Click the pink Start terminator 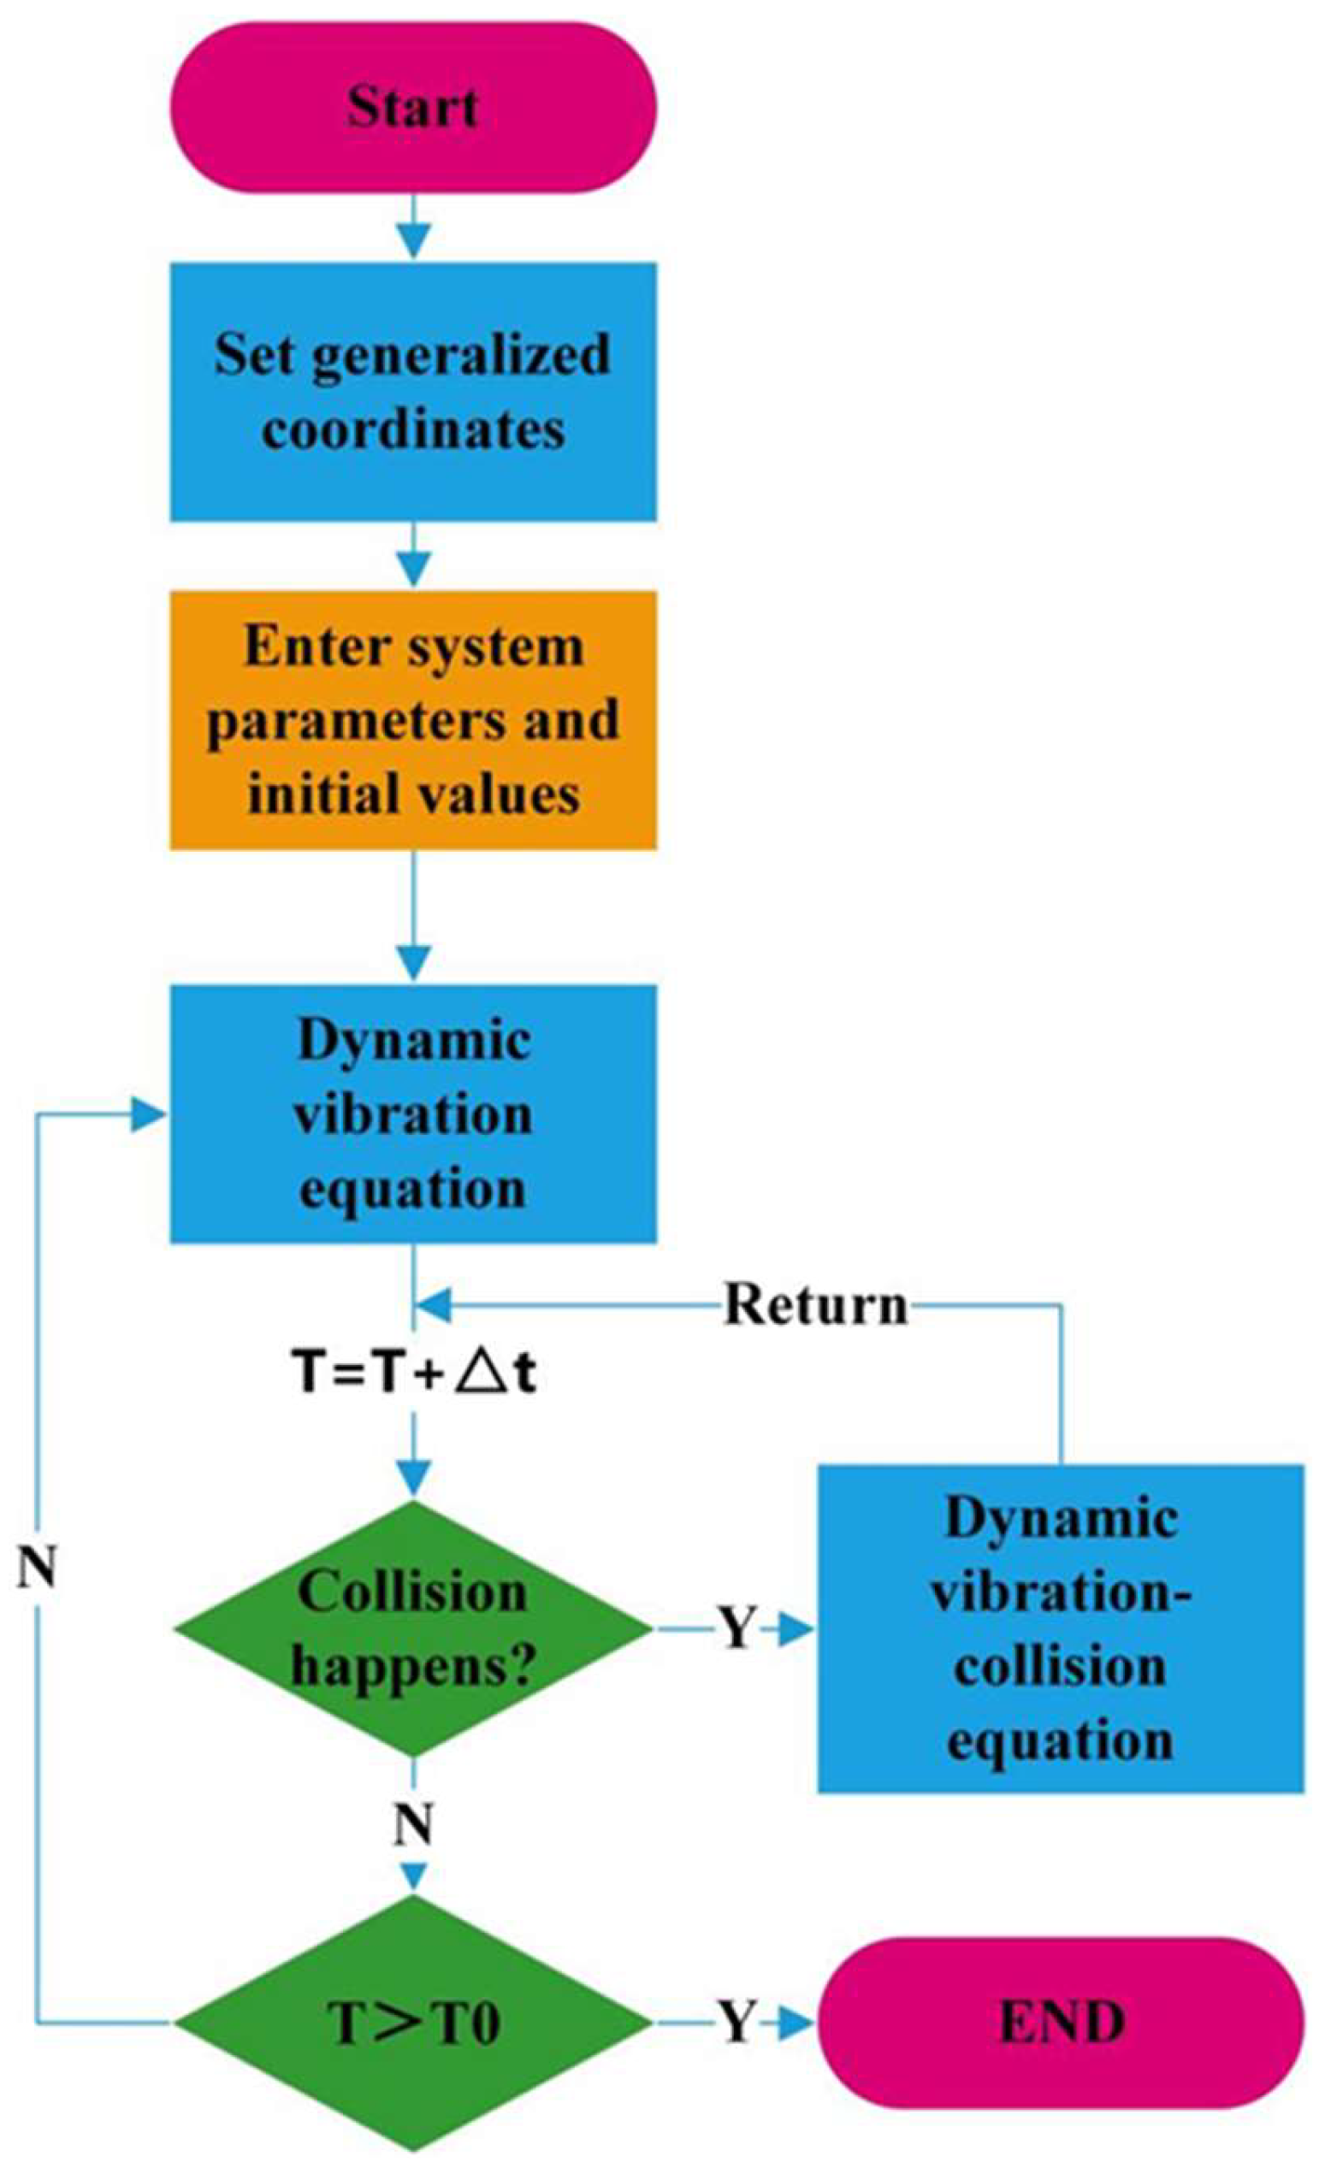point(411,108)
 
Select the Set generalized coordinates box point(411,391)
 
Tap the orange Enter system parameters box point(411,720)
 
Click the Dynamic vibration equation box point(411,1113)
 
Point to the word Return point(815,1306)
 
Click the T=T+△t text point(411,1374)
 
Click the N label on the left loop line point(37,1568)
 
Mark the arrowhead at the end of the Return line point(435,1306)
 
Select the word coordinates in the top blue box point(411,429)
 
